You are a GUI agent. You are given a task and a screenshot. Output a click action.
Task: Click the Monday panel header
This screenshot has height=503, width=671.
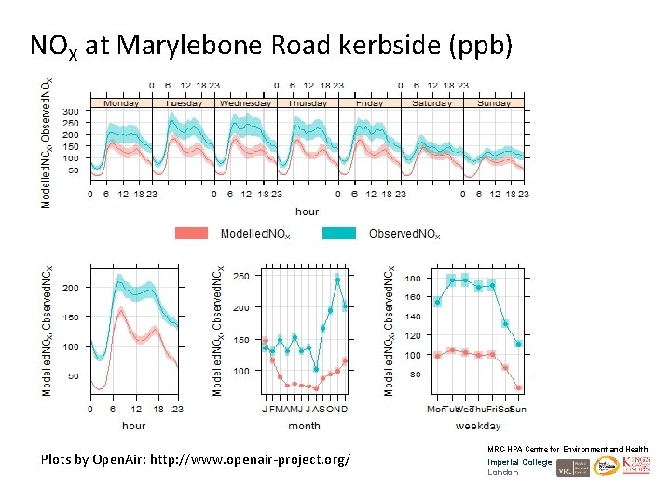(x=121, y=103)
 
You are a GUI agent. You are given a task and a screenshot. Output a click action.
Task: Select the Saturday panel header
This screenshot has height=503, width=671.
(x=431, y=103)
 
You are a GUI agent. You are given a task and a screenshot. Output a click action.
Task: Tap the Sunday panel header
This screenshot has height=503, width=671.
(x=494, y=103)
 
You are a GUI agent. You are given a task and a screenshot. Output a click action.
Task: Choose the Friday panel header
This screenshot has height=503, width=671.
(x=369, y=103)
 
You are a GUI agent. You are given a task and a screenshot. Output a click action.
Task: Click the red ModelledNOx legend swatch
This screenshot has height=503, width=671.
(x=191, y=234)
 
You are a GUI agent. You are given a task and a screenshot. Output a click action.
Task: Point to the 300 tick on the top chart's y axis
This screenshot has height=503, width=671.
(x=71, y=112)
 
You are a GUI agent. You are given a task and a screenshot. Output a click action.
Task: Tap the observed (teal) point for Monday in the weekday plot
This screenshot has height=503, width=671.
(x=437, y=302)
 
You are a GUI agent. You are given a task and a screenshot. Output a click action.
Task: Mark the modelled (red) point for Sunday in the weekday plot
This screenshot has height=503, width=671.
(x=518, y=387)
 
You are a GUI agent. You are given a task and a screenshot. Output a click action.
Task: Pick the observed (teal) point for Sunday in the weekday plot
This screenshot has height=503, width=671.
(x=518, y=344)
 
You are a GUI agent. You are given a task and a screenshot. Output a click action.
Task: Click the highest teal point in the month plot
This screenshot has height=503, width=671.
(x=337, y=279)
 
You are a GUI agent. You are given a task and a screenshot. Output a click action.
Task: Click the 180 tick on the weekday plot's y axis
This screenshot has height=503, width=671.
(x=412, y=279)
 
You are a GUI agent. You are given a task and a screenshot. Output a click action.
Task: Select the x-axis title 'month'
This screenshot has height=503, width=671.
(x=304, y=426)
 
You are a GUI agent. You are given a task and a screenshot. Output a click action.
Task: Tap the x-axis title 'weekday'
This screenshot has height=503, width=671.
(x=478, y=426)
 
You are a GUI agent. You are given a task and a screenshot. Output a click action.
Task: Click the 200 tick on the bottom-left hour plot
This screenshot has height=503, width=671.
(x=71, y=288)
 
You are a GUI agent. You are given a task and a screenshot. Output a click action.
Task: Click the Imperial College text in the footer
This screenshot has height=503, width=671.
(x=519, y=462)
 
